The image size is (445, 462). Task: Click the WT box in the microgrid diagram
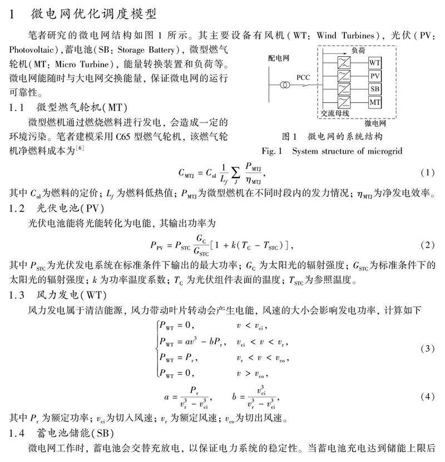(x=375, y=62)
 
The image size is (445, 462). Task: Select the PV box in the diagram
(x=375, y=76)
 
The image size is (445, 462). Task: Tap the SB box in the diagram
(x=375, y=89)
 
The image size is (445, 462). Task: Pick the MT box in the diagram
(x=375, y=102)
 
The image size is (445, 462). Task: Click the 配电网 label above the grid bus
(x=278, y=57)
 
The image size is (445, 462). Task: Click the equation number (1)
(x=427, y=173)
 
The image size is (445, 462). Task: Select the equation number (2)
(x=427, y=245)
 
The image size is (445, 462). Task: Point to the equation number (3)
(x=427, y=349)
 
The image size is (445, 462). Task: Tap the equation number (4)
(x=427, y=396)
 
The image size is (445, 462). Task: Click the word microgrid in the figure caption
(x=384, y=151)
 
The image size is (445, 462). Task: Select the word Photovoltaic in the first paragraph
(x=33, y=49)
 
